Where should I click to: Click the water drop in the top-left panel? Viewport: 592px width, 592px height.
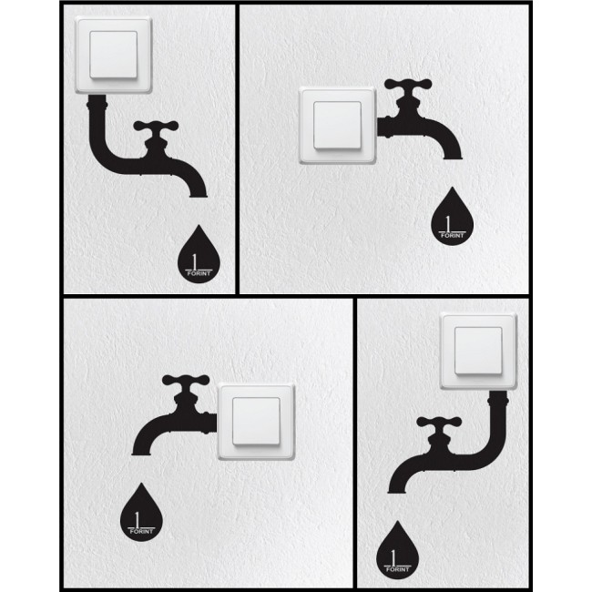click(x=199, y=257)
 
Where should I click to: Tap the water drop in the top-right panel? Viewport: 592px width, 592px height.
click(x=452, y=219)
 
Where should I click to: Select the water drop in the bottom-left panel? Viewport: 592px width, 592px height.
click(x=141, y=515)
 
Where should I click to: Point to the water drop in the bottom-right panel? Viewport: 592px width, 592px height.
click(x=398, y=552)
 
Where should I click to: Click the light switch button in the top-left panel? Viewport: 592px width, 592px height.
click(x=113, y=55)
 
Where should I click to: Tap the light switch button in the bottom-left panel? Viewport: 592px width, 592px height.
click(x=256, y=422)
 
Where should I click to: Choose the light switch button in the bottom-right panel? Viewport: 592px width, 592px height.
click(x=478, y=351)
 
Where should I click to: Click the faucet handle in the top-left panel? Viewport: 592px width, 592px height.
click(x=156, y=127)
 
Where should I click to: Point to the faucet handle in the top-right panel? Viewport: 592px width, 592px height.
click(x=408, y=85)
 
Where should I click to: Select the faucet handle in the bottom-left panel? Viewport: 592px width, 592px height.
click(x=186, y=381)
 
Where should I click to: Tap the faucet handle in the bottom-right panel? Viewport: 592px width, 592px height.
click(x=439, y=422)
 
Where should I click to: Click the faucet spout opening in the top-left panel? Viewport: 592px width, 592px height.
click(x=198, y=196)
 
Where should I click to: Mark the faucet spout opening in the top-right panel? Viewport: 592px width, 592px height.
click(x=453, y=157)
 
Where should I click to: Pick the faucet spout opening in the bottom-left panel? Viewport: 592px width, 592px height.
click(x=141, y=453)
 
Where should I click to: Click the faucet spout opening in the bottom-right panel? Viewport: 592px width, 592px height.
click(x=397, y=491)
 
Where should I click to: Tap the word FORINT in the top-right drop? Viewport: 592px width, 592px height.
click(x=452, y=236)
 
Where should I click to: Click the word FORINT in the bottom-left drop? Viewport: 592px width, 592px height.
click(x=141, y=531)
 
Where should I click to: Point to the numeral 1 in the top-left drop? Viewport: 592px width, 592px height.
click(x=194, y=261)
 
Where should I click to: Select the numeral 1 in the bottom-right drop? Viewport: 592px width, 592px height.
click(x=393, y=556)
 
